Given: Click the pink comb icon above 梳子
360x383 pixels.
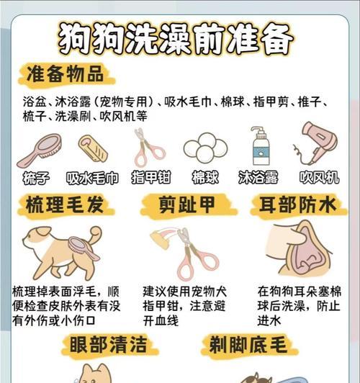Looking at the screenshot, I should pyautogui.click(x=40, y=149).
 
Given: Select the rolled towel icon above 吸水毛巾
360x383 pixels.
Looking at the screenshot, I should pyautogui.click(x=93, y=148).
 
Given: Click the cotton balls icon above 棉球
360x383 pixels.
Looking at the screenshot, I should pyautogui.click(x=205, y=148).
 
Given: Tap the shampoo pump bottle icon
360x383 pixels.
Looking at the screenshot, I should pyautogui.click(x=260, y=147).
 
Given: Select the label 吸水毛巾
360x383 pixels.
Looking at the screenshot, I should pyautogui.click(x=92, y=178).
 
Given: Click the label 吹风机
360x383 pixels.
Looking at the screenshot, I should pyautogui.click(x=319, y=178).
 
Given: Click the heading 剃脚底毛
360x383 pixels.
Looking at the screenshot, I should pyautogui.click(x=248, y=343).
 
